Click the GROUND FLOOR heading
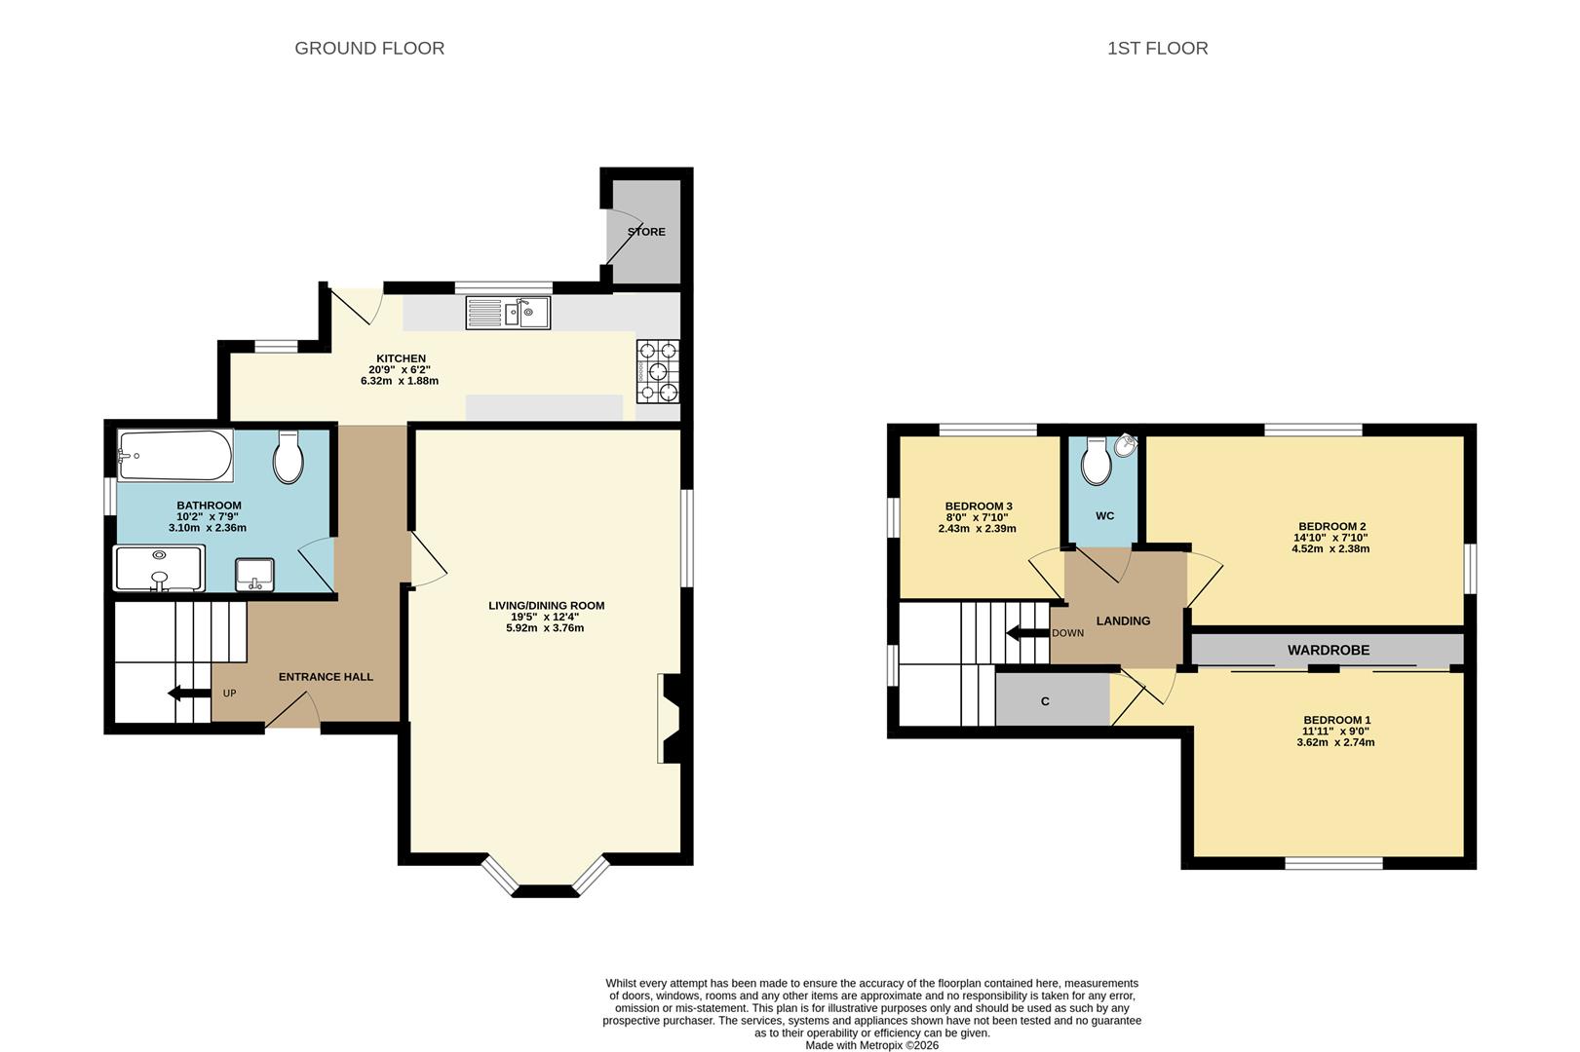pos(368,48)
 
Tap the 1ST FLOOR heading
pos(1158,48)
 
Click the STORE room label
pos(647,231)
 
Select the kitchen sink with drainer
pos(508,313)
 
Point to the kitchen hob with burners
pos(658,371)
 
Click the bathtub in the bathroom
pos(174,456)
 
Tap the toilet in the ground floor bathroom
pos(289,457)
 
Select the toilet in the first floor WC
pos(1097,461)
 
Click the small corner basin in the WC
pos(1127,445)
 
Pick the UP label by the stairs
pos(230,694)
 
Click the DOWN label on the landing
pos(1068,633)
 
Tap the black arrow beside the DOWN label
pos(1027,633)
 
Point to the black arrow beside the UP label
pos(189,694)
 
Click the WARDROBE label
pos(1329,650)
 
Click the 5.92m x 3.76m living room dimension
pos(545,627)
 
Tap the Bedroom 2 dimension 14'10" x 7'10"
pos(1332,538)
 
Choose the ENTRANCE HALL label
pos(326,677)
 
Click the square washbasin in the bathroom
pos(254,575)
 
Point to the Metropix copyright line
pos(871,1045)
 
